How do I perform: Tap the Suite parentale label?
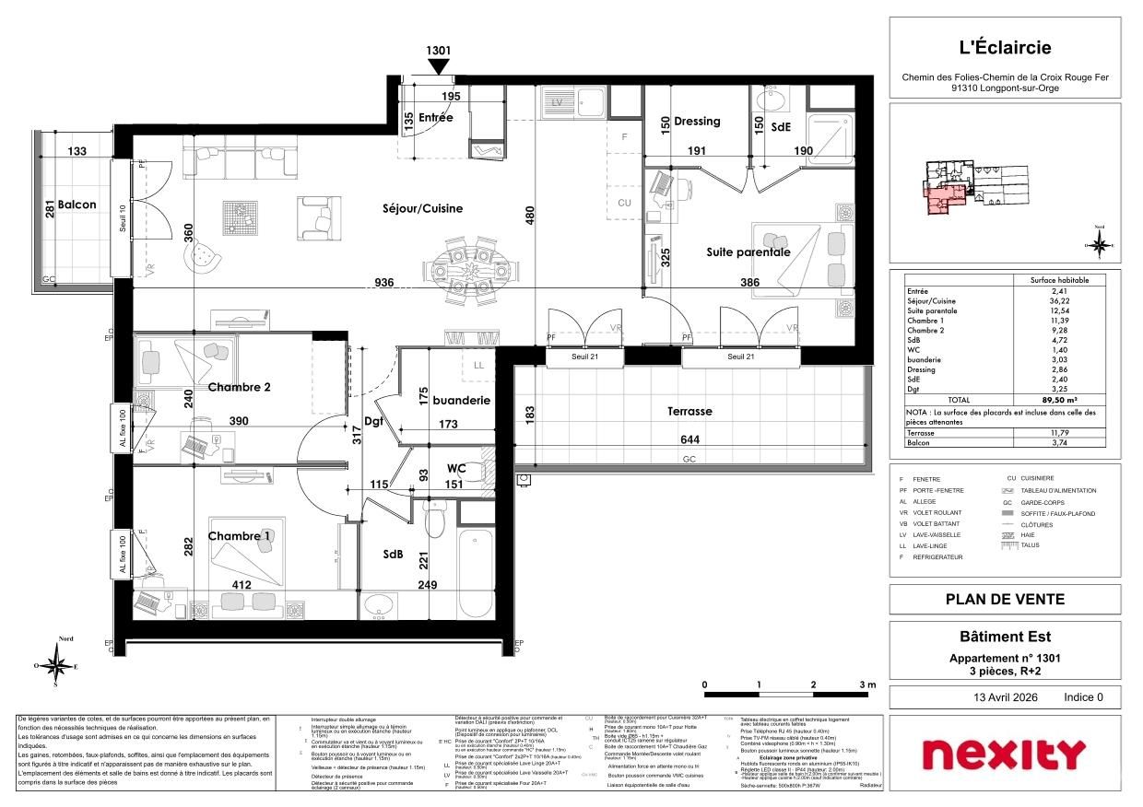(748, 251)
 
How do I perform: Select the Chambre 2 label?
(239, 387)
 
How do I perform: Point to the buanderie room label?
(461, 401)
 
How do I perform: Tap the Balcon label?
(77, 205)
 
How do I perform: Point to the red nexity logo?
(1004, 754)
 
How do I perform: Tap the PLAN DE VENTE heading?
(1005, 600)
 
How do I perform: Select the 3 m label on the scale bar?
(866, 685)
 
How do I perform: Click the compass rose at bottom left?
(56, 665)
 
